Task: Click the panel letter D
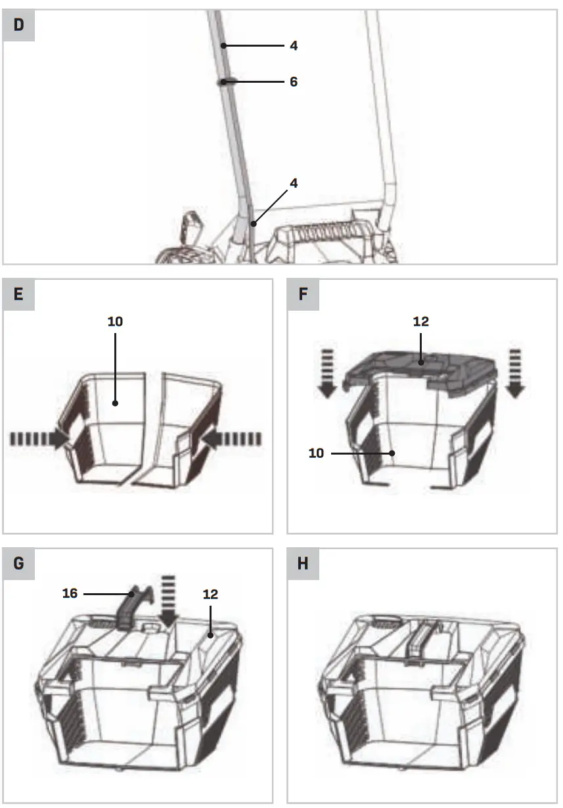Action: click(x=18, y=26)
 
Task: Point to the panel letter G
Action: click(x=18, y=564)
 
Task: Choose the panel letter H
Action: click(x=303, y=564)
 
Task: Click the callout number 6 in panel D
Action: click(x=293, y=82)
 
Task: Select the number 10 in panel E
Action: click(x=115, y=322)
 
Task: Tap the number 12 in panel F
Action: click(x=420, y=322)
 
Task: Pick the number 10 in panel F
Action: click(x=317, y=453)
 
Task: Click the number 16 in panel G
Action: click(x=70, y=593)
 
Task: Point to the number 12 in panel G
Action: click(x=210, y=594)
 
